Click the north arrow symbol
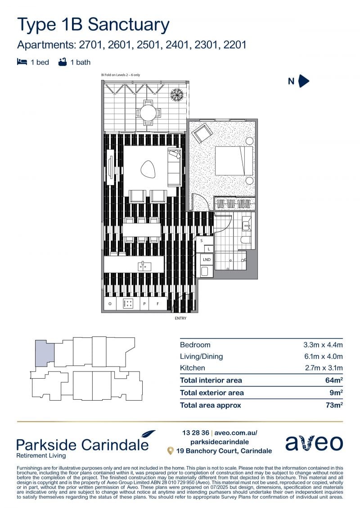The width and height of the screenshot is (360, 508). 303,81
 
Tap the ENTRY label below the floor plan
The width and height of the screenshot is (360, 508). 180,318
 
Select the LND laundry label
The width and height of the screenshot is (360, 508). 207,260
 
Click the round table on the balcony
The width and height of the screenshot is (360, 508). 148,113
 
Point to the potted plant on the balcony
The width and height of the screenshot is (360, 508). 177,95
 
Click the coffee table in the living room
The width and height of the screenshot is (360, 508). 148,169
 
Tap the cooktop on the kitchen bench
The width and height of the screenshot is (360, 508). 128,304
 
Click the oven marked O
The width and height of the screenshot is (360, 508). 110,304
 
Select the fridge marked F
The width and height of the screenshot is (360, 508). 158,304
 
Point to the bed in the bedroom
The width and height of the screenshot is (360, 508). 234,161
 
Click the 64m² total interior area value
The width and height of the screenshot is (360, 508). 334,380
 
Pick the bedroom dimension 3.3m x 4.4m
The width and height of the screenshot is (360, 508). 323,345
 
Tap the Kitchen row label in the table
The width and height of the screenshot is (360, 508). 193,368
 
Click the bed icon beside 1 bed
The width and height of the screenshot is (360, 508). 22,62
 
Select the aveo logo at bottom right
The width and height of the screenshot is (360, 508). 314,442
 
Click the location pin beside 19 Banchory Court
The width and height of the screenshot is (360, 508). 170,451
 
